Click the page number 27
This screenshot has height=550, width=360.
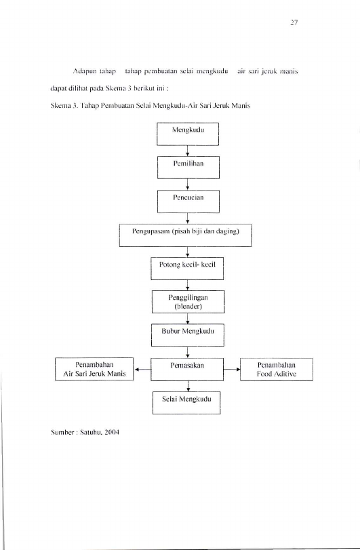coord(294,23)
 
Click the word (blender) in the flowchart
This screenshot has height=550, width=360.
coord(188,307)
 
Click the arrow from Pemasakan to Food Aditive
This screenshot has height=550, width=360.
coord(232,370)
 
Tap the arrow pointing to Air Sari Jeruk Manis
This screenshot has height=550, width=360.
coord(142,370)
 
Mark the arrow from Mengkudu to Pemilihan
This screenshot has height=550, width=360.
coord(188,151)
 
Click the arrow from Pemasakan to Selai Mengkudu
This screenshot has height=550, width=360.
coord(188,386)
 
